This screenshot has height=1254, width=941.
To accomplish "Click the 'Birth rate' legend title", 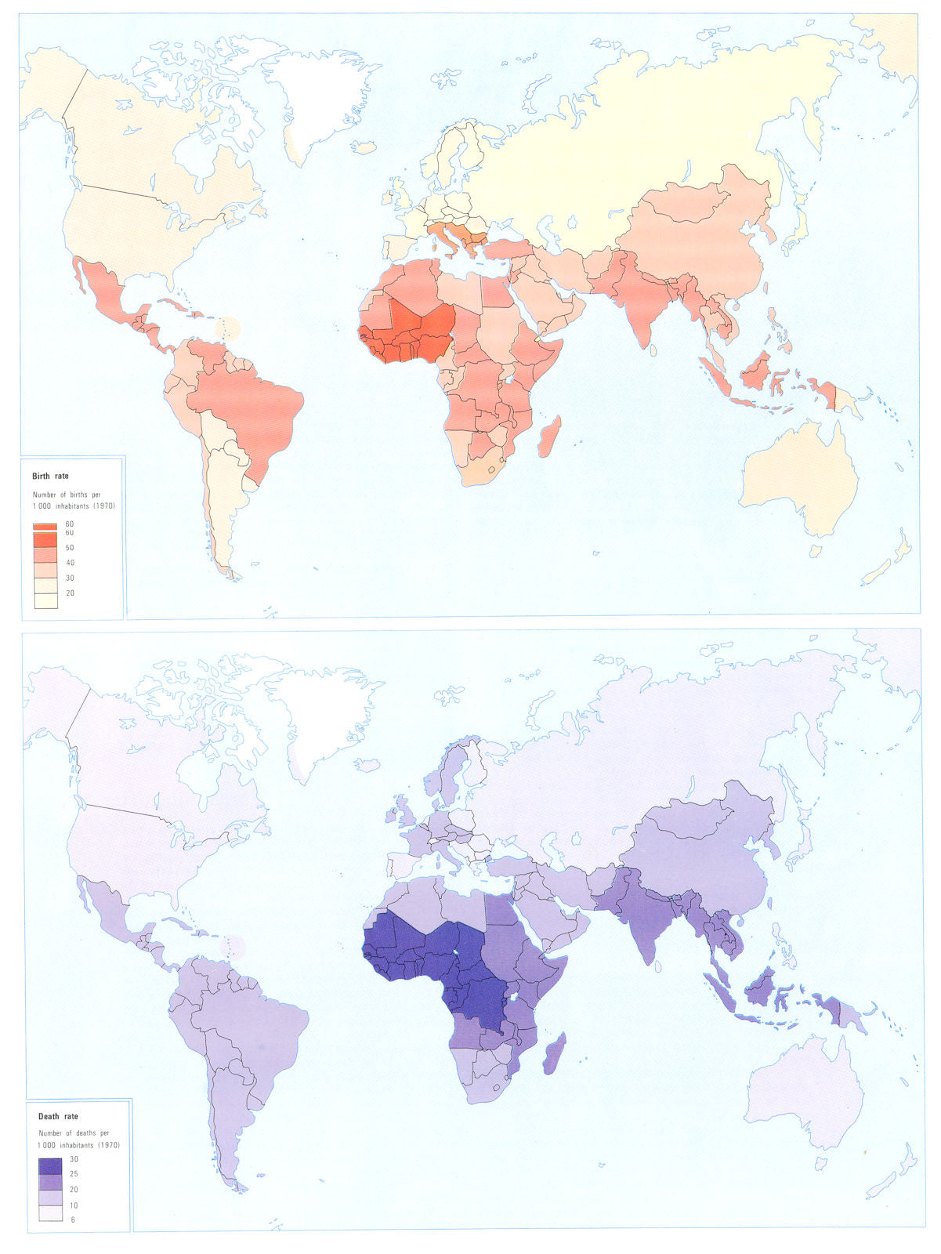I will coord(51,476).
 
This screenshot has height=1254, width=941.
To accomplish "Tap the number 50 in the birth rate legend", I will coord(70,548).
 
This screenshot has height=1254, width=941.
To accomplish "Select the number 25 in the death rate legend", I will coord(74,1174).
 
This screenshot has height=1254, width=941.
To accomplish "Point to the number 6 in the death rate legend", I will coord(73,1220).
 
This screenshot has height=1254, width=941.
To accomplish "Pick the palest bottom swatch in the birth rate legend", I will coord(45,600).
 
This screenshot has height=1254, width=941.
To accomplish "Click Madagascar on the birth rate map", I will coord(549,437).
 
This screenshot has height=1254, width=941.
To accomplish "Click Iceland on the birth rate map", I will coord(364,147).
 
